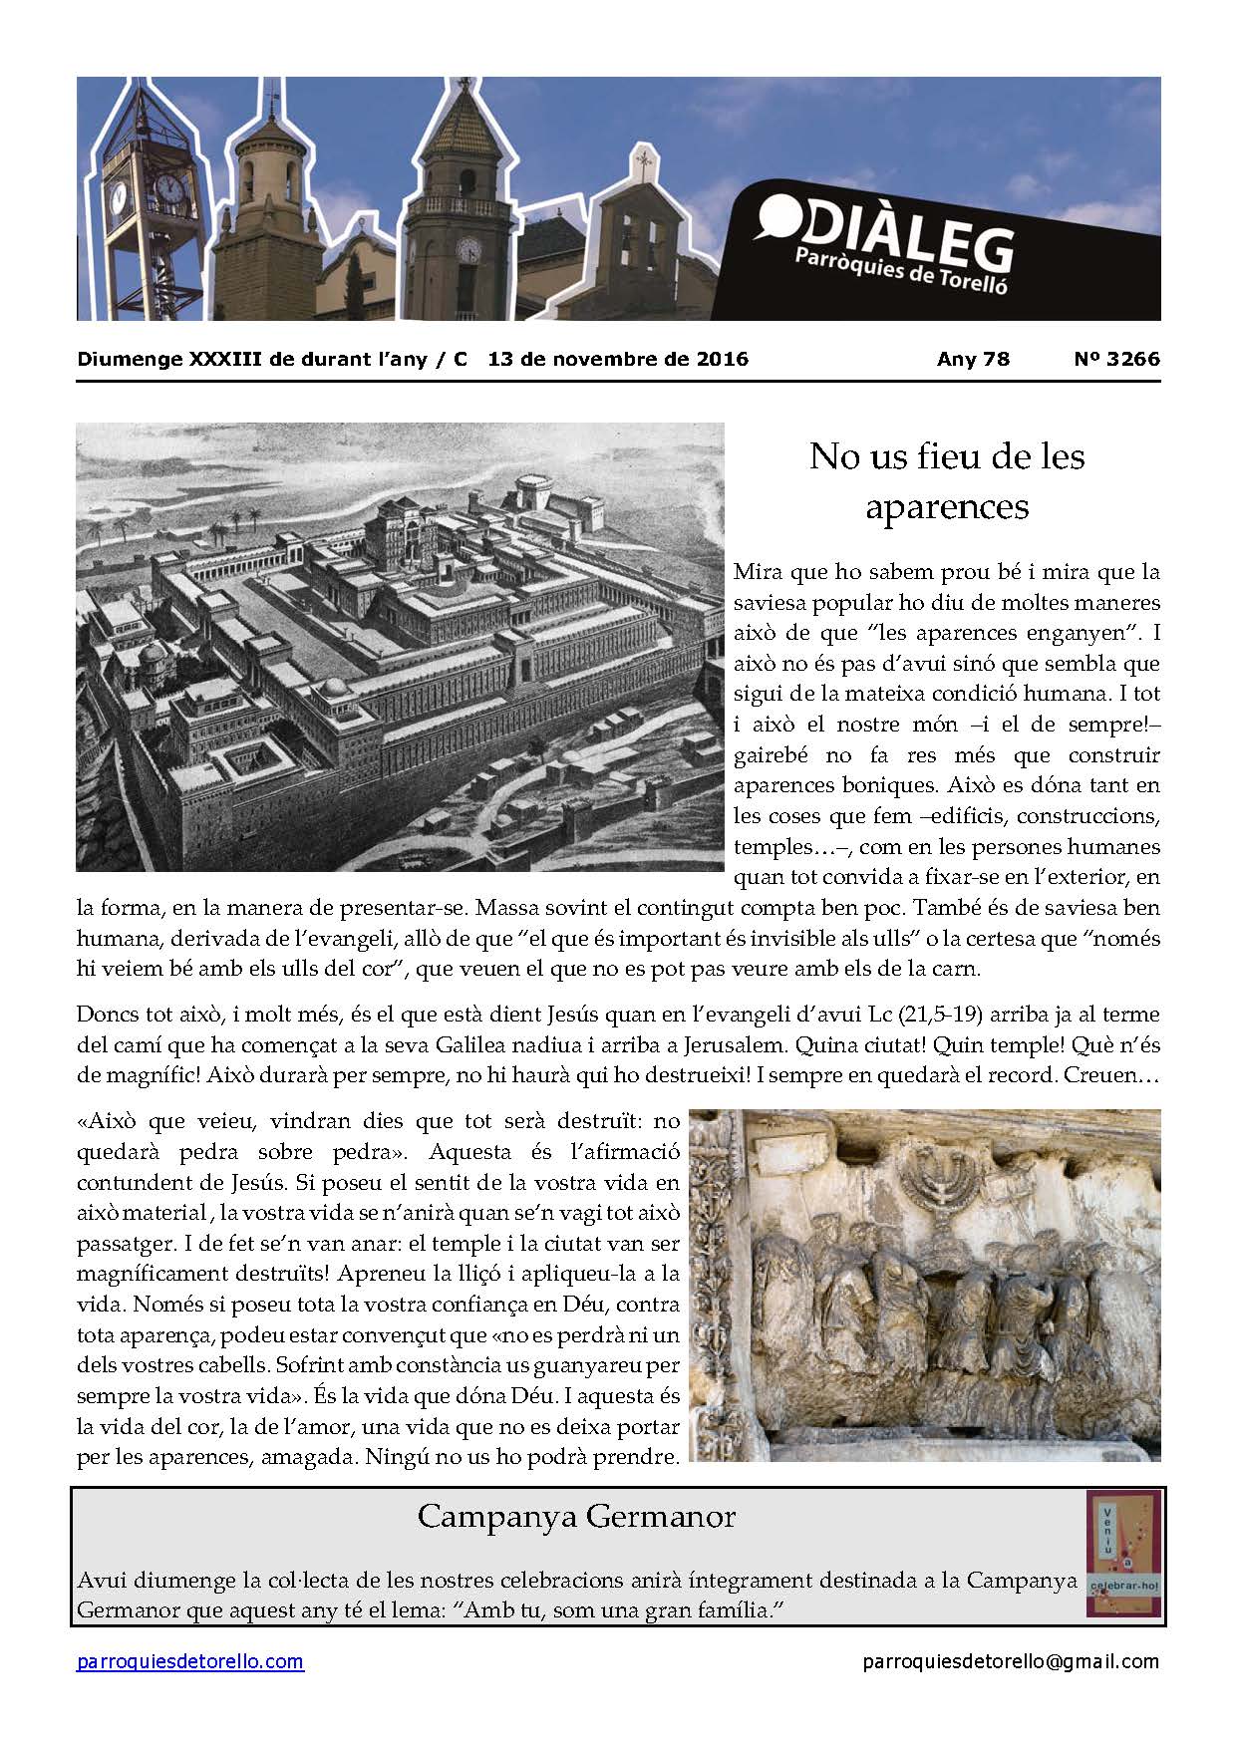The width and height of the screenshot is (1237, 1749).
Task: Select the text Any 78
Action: (x=973, y=359)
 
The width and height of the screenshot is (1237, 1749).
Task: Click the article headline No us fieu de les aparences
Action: (x=946, y=481)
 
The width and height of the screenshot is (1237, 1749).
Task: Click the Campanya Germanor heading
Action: (x=576, y=1516)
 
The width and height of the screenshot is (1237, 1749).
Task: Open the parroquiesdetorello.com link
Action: (x=190, y=1661)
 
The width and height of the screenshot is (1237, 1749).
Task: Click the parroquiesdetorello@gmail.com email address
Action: (x=1011, y=1661)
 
